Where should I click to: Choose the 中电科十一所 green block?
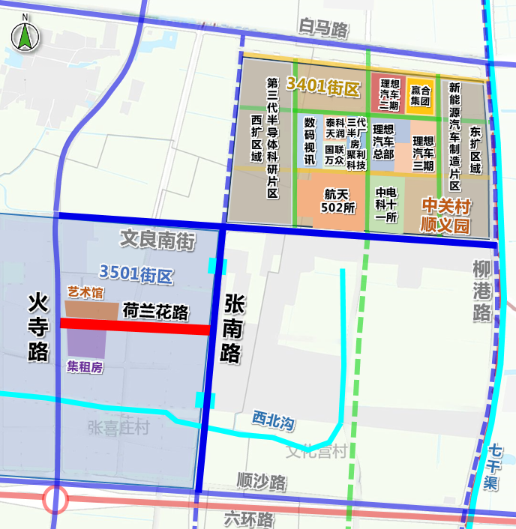386,204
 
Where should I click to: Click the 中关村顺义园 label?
445,214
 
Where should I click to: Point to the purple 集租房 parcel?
86,343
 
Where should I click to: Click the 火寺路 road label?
38,327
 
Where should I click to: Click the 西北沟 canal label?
273,422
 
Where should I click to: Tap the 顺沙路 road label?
261,480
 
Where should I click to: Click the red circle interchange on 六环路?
55,500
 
